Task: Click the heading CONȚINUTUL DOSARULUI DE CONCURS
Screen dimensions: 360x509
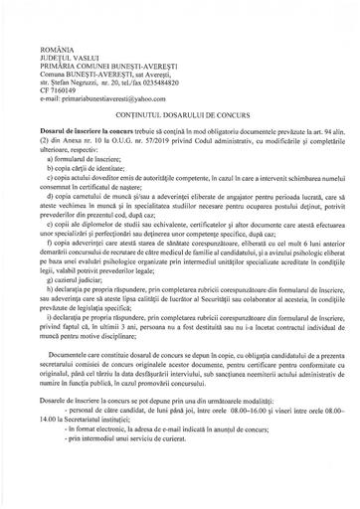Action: (x=179, y=97)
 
